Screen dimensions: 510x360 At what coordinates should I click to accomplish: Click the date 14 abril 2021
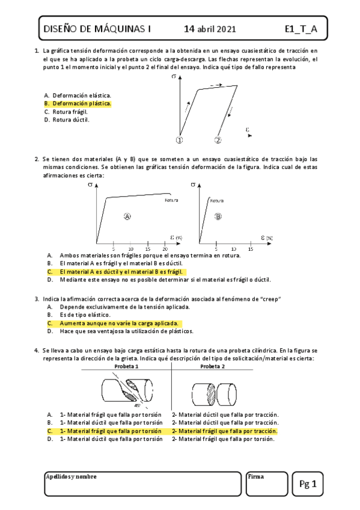210,28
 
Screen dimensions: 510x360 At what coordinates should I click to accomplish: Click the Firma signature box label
256,476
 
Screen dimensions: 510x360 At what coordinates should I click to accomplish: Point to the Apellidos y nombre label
71,476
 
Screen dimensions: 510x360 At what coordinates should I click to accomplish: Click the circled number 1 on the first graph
179,140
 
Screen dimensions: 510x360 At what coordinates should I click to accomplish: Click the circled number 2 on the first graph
218,140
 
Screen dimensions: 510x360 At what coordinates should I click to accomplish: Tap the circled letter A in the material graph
127,217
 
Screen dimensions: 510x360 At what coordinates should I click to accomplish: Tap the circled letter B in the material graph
218,217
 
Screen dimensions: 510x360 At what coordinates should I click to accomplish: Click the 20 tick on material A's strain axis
165,248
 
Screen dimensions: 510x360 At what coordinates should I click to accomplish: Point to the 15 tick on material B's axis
251,248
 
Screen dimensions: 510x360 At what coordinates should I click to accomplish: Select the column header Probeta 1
127,366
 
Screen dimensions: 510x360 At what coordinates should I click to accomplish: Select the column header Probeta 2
213,366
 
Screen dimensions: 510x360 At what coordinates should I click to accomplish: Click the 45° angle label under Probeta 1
138,405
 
